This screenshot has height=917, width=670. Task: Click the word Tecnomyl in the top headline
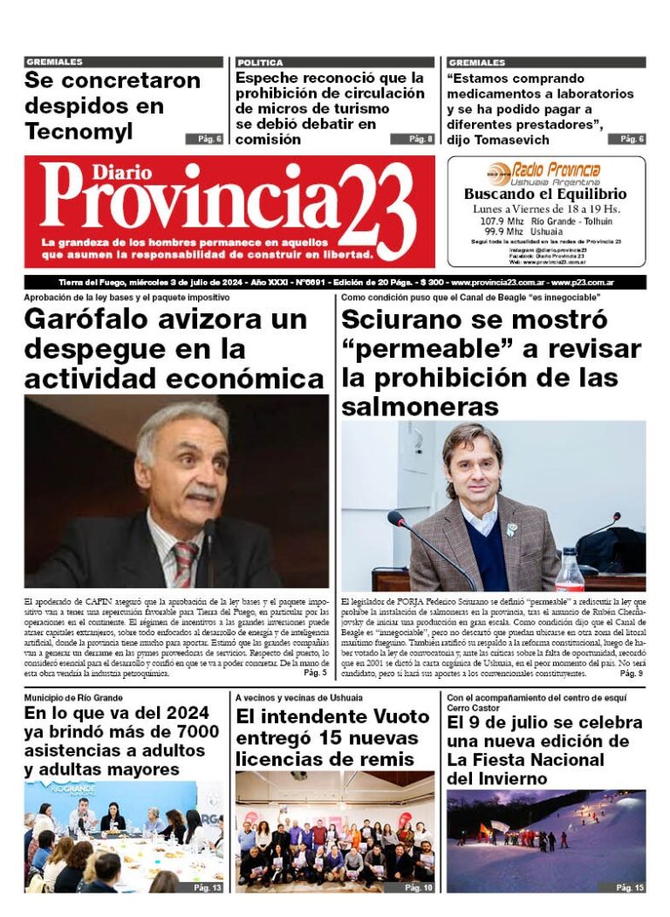tap(79, 132)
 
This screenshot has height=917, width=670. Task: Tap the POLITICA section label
tap(260, 63)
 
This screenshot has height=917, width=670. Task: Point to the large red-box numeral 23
tap(375, 209)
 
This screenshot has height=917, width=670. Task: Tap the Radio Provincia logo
tap(544, 171)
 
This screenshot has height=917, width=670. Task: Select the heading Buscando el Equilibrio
tap(545, 195)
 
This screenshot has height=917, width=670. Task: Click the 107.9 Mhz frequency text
tap(500, 222)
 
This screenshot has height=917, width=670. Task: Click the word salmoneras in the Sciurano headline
tap(420, 407)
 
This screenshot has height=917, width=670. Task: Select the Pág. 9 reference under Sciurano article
tap(631, 674)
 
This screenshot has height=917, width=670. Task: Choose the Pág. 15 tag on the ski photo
tap(629, 887)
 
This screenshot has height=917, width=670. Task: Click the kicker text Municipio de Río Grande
tap(74, 698)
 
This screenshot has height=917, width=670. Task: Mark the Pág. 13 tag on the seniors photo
tap(207, 887)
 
